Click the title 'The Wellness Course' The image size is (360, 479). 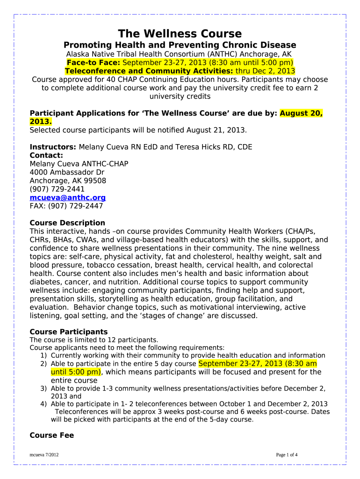[x=180, y=34]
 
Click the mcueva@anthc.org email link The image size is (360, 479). [x=67, y=198]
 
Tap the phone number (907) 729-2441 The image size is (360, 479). [x=57, y=189]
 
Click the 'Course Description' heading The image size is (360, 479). [x=67, y=223]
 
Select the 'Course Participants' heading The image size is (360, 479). [x=68, y=332]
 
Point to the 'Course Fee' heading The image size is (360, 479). [x=51, y=435]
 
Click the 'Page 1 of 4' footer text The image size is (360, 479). [x=287, y=455]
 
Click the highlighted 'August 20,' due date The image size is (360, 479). [x=301, y=113]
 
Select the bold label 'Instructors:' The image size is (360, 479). [x=53, y=147]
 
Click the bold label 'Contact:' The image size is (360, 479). [x=46, y=155]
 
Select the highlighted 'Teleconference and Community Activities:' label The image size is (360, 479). [x=149, y=71]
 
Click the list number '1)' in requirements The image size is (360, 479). [x=43, y=356]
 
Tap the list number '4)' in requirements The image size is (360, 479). [x=43, y=404]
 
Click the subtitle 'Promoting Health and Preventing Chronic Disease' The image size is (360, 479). [x=180, y=45]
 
